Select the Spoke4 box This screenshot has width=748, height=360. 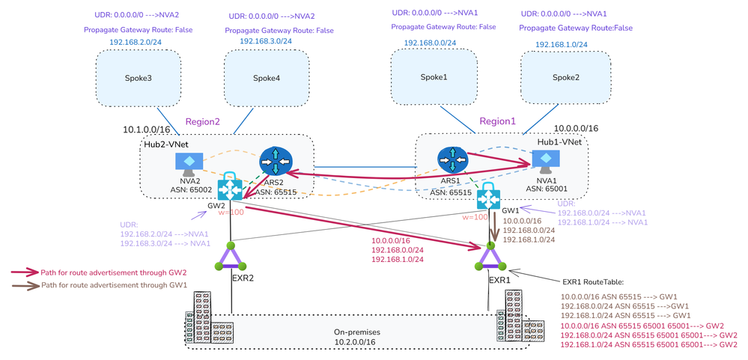pos(267,78)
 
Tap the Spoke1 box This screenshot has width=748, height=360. pos(434,77)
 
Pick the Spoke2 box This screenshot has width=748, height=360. pos(566,78)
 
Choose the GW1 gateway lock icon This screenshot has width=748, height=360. pos(491,196)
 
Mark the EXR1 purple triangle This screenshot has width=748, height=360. pos(492,259)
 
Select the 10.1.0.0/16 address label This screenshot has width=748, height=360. pos(150,129)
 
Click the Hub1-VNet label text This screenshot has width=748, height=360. pos(554,141)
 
